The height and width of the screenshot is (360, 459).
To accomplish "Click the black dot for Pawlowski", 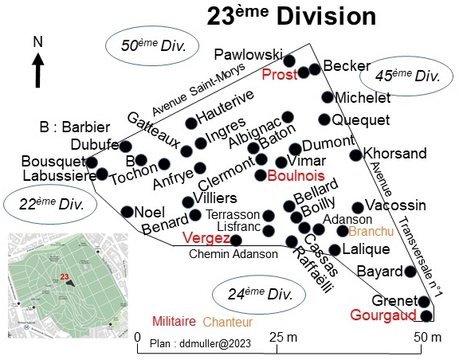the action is [289, 61].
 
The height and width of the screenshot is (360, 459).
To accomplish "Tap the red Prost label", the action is [280, 75].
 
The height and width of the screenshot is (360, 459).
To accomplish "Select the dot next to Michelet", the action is [328, 97].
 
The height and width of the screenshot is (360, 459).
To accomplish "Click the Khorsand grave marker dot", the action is [356, 155].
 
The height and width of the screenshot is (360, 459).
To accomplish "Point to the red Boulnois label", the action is [296, 176].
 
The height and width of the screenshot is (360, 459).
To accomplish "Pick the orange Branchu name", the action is [371, 232].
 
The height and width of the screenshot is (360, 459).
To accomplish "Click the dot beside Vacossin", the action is [358, 208].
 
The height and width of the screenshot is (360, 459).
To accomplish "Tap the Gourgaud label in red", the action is [383, 315].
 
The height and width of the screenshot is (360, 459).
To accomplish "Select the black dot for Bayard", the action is [410, 272].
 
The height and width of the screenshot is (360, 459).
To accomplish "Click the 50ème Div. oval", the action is [152, 45].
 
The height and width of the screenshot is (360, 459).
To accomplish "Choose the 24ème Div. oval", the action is [259, 295].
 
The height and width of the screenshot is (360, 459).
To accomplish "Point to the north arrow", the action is [37, 70].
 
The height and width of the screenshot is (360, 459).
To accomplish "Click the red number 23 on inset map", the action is [65, 276].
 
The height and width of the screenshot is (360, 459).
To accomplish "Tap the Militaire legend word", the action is [175, 321].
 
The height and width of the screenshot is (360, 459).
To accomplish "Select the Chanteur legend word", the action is [228, 322].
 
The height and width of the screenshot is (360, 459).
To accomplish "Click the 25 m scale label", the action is [283, 338].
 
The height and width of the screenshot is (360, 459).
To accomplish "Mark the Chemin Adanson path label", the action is [233, 254].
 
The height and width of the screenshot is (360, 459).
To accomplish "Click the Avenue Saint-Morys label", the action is [198, 89].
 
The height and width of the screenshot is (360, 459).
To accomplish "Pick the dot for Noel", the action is [127, 212].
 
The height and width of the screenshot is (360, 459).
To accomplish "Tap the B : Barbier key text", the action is [75, 127].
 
